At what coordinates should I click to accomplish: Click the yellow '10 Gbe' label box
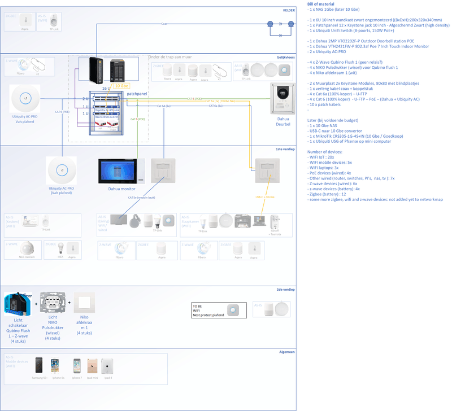[121, 86]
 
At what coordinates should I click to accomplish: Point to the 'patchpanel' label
[137, 93]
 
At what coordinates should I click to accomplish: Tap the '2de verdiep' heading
[286, 289]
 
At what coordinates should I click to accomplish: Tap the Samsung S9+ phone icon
[39, 366]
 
